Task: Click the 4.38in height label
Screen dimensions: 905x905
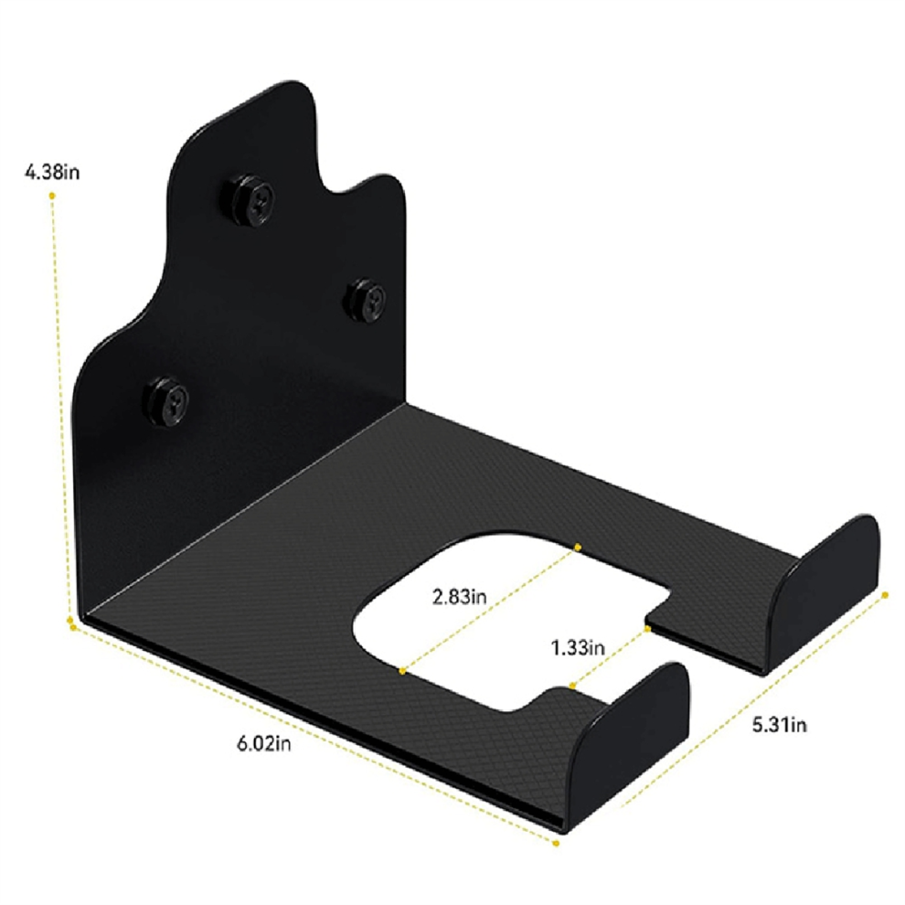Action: pyautogui.click(x=52, y=172)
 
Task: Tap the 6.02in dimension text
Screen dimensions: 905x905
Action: pyautogui.click(x=264, y=743)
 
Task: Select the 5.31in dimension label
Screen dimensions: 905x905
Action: pyautogui.click(x=779, y=724)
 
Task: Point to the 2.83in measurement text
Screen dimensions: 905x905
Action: pyautogui.click(x=460, y=596)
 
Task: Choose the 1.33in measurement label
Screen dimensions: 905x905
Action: pyautogui.click(x=578, y=647)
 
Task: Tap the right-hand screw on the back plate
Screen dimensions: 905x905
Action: pyautogui.click(x=366, y=300)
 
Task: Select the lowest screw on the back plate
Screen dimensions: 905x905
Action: pyautogui.click(x=167, y=401)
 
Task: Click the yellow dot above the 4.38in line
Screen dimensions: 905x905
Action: pyautogui.click(x=52, y=197)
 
